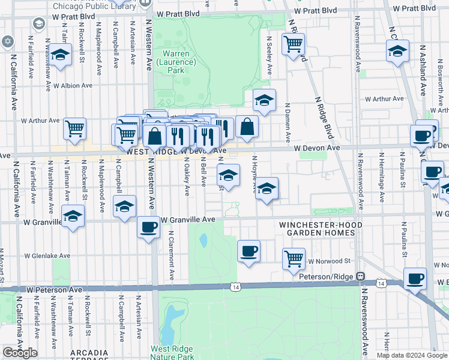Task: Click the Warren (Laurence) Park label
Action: (x=176, y=61)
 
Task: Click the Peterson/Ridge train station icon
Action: (x=361, y=276)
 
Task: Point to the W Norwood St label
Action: (x=329, y=262)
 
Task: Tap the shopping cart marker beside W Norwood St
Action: (x=294, y=259)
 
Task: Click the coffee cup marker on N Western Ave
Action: (x=148, y=227)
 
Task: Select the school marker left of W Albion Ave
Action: (x=60, y=55)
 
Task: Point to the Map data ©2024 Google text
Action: (x=412, y=355)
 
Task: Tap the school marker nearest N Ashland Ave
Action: (x=397, y=52)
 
